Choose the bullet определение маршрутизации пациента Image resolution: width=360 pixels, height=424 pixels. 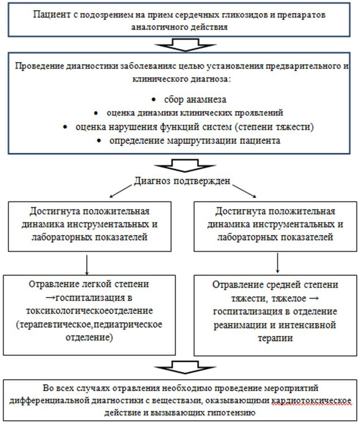[194, 140]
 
